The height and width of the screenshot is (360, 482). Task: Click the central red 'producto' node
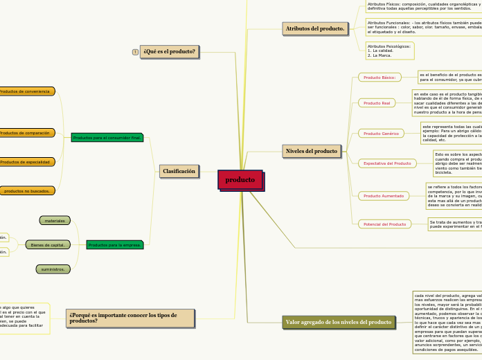coord(240,179)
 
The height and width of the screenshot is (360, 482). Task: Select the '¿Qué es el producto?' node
coord(169,51)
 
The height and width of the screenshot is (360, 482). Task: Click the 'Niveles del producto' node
coord(312,150)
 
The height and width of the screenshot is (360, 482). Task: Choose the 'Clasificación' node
coord(179,170)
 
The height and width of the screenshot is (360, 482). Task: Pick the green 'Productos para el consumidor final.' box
coord(107,138)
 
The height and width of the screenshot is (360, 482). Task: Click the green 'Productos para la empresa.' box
coord(115,244)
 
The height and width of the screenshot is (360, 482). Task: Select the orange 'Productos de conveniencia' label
coord(26,91)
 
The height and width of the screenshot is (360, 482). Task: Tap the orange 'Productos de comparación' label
coord(26,133)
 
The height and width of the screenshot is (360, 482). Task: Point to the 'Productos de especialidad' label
coord(26,162)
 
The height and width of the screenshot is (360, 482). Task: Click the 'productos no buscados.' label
coord(26,190)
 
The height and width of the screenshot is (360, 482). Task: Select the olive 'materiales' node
coord(55,221)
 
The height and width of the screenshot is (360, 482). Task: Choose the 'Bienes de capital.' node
coord(48,244)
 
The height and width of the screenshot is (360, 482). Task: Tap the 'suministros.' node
coord(53,269)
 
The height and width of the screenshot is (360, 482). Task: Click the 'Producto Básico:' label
coord(380,78)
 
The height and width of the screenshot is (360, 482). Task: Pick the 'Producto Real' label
coord(377,102)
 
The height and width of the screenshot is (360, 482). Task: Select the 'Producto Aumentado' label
coord(384,196)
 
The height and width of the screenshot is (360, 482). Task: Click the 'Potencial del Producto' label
coord(384,224)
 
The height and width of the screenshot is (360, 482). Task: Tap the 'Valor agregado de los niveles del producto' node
coord(339,322)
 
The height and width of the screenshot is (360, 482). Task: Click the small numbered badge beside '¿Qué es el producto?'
coord(135,52)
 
